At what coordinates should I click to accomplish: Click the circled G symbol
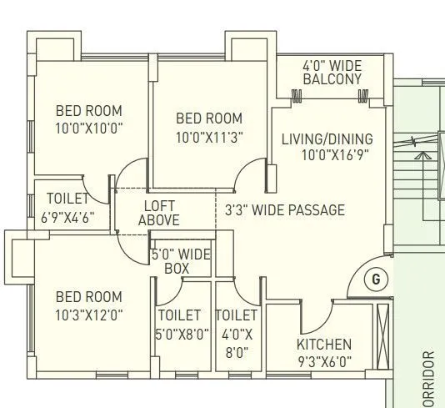375,280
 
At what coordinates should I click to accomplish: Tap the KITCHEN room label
324,344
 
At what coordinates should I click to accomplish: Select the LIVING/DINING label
327,139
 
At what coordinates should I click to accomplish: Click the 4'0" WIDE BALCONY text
332,72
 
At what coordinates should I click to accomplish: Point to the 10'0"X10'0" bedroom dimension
88,128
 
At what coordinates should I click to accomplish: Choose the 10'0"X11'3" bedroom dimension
209,137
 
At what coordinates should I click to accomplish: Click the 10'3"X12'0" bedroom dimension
88,315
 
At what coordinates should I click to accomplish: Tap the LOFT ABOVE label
158,213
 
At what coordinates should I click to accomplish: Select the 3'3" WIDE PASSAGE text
284,210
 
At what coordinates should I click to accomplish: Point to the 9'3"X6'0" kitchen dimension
324,362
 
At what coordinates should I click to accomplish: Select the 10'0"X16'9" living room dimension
327,154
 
